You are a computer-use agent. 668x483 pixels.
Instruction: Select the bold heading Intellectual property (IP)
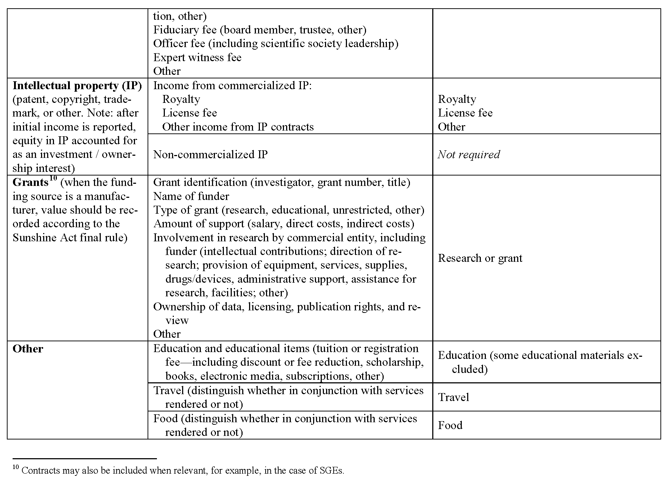pos(77,86)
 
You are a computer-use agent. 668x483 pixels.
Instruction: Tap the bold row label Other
pos(28,349)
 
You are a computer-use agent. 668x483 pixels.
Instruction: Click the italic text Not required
pos(469,155)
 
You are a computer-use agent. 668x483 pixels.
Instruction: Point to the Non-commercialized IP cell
pos(210,155)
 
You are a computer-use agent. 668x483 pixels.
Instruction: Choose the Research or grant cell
pos(480,258)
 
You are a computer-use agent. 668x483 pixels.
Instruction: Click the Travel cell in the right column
pos(453,397)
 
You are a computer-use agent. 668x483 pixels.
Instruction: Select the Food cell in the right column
pos(450,425)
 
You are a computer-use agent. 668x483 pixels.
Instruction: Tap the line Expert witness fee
pos(197,58)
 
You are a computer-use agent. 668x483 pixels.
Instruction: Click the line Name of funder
pos(191,196)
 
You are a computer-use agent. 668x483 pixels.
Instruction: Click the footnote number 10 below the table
pos(15,468)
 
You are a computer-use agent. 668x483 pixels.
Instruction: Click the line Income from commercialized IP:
pos(233,86)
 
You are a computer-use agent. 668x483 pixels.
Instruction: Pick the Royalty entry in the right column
pos(457,99)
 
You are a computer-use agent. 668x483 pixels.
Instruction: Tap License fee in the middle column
pos(190,113)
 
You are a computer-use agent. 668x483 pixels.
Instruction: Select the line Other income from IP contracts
pos(238,127)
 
